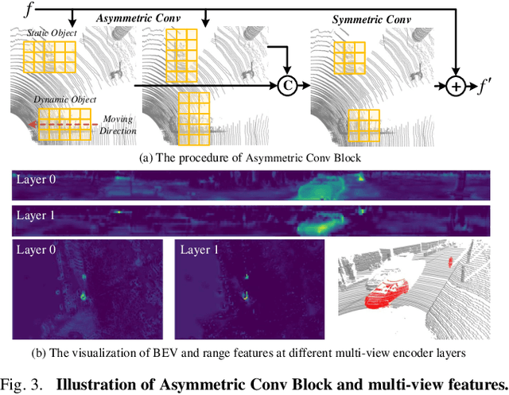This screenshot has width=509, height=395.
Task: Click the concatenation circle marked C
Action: (x=286, y=85)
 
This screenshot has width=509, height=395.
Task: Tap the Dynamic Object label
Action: (x=65, y=100)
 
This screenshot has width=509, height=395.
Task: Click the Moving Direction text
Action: (x=119, y=124)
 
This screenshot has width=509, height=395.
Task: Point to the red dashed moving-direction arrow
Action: (x=60, y=124)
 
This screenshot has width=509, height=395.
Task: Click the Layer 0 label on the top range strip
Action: (x=35, y=179)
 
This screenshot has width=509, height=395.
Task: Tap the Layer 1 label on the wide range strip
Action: (x=35, y=215)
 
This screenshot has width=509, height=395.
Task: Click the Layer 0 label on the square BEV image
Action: (x=35, y=251)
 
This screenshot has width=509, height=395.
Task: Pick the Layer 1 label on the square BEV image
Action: (x=200, y=251)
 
